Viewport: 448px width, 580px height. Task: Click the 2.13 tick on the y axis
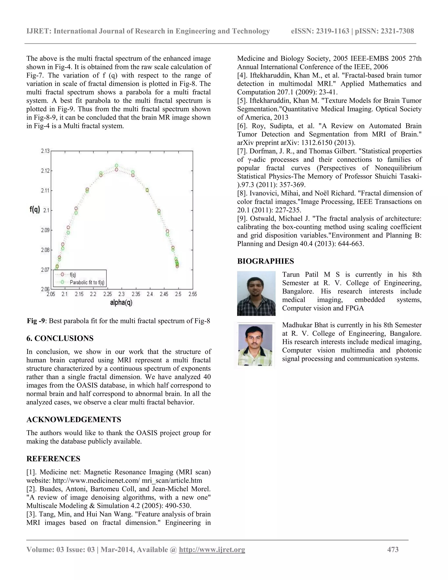(x=45, y=151)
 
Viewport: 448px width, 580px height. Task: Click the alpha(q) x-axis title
(x=121, y=302)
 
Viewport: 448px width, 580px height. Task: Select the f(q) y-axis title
(x=35, y=210)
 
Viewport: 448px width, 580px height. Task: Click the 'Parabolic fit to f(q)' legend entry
(x=87, y=282)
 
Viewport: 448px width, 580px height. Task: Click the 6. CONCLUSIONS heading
(x=60, y=338)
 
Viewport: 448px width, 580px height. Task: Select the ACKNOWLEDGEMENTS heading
(x=74, y=420)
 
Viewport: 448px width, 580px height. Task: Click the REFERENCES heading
(x=53, y=459)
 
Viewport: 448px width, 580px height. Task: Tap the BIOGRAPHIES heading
(x=265, y=261)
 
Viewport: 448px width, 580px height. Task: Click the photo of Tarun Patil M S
(x=256, y=293)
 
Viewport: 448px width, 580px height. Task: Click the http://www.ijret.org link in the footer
(x=212, y=549)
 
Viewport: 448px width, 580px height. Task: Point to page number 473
(x=393, y=549)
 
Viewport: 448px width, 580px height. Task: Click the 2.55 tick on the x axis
(x=193, y=294)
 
